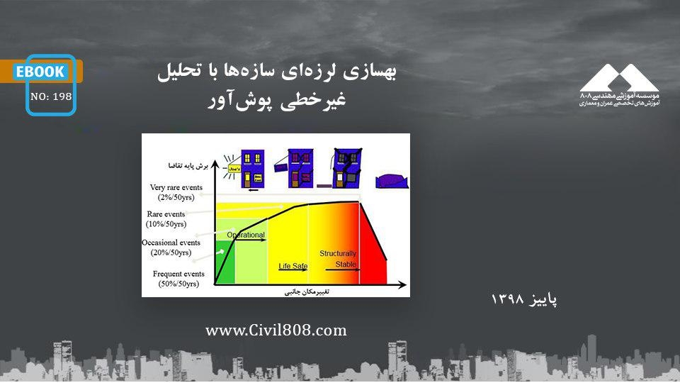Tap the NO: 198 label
[51, 97]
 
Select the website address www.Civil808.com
[276, 331]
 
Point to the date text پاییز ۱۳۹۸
[524, 299]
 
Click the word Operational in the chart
[245, 235]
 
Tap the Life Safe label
[293, 267]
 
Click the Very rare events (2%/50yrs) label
[176, 192]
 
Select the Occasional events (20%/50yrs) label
[167, 248]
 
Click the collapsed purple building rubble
[392, 181]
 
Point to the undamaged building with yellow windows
[252, 169]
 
